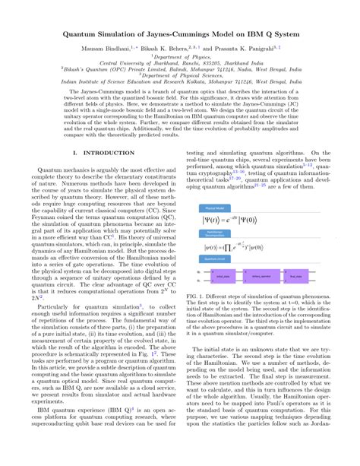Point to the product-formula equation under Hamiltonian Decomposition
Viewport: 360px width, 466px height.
pyautogui.click(x=251, y=246)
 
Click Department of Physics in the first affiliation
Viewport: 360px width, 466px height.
pyautogui.click(x=179, y=55)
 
